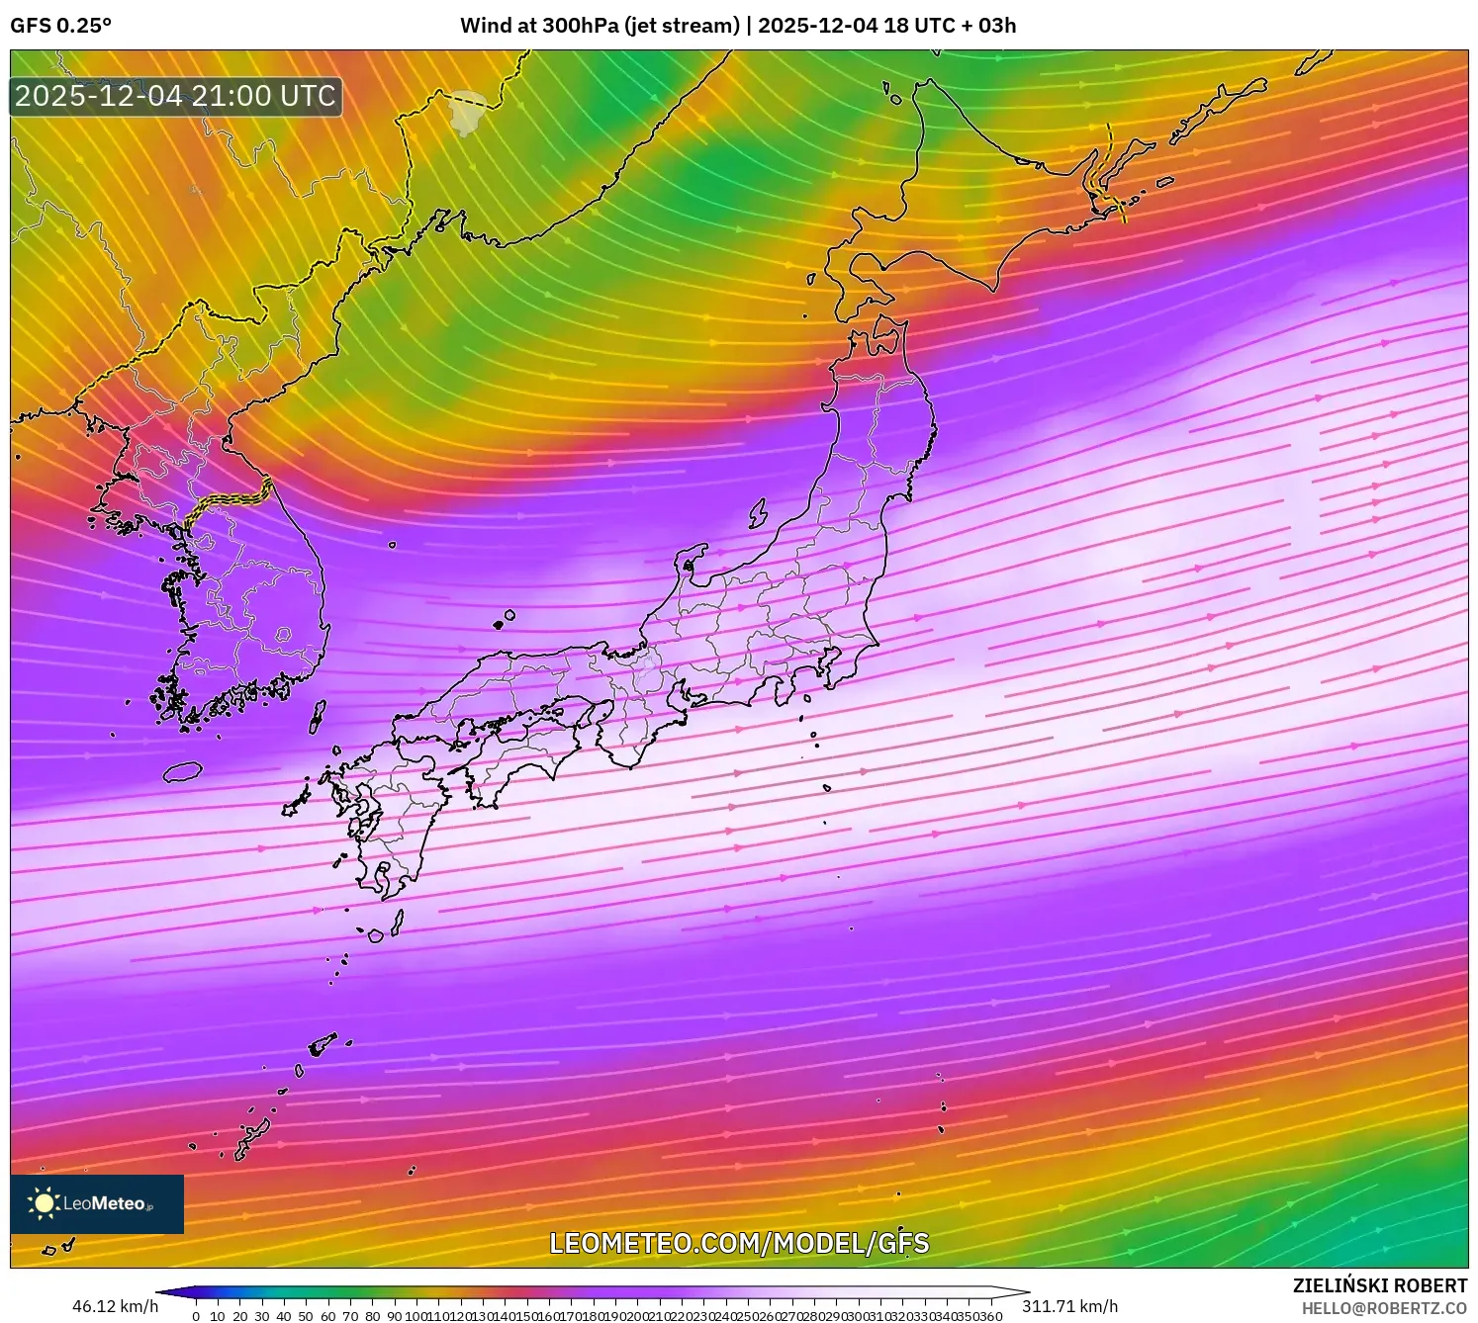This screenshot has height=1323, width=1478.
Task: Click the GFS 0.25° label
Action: tap(60, 26)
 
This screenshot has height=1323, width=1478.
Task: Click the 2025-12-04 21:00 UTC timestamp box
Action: tap(176, 96)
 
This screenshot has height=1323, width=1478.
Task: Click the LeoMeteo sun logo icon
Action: tap(44, 1203)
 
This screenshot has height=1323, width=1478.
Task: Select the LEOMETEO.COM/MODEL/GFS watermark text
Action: tap(739, 1243)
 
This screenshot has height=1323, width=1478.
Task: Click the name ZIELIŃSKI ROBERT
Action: tap(1380, 1285)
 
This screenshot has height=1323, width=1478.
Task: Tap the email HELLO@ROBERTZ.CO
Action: tap(1384, 1308)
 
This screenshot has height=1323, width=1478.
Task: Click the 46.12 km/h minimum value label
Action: tap(115, 1306)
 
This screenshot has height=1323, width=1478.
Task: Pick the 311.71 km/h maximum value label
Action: tap(1070, 1306)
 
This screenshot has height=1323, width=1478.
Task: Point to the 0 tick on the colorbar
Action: tap(196, 1316)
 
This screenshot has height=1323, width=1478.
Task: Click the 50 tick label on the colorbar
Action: tap(306, 1316)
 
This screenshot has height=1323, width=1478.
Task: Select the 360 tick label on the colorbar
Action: tap(991, 1316)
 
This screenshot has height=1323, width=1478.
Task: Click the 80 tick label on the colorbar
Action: tap(372, 1316)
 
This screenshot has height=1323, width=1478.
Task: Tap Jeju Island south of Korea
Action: tap(183, 771)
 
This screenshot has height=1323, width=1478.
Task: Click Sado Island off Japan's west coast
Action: tap(758, 513)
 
